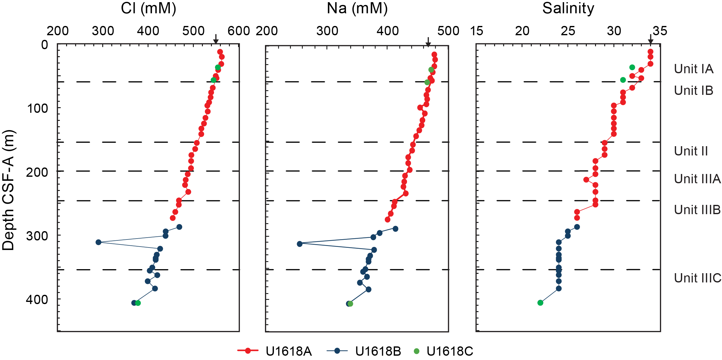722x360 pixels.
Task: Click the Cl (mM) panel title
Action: click(148, 8)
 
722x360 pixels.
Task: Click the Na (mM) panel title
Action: click(357, 8)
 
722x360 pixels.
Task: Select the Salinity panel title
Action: click(568, 8)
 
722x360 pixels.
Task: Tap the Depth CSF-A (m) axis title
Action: click(8, 190)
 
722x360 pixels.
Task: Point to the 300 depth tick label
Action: click(37, 236)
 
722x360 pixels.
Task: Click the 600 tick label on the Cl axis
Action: click(238, 31)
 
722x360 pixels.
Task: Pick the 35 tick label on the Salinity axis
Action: click(660, 31)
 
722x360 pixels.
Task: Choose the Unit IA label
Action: click(693, 69)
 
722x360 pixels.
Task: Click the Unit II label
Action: click(691, 151)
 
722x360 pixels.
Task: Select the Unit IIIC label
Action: click(697, 278)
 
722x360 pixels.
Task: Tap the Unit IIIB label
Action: click(697, 210)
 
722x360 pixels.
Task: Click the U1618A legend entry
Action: click(275, 351)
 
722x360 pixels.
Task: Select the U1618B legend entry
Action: click(364, 351)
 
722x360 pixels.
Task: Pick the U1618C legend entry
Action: click(443, 351)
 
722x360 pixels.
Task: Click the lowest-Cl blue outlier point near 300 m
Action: click(99, 242)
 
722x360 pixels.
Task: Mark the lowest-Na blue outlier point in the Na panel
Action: click(300, 244)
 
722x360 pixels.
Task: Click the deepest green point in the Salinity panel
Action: click(540, 303)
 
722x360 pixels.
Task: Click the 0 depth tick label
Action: click(45, 45)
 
